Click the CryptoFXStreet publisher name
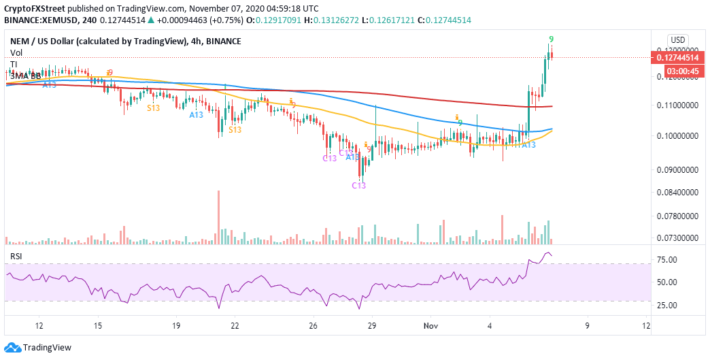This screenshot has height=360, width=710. pos(35,9)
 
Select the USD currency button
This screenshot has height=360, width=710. pos(678,39)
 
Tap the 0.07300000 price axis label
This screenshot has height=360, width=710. pos(677,238)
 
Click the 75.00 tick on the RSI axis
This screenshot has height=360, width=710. pos(675,260)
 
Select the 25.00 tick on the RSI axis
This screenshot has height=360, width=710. pos(675,305)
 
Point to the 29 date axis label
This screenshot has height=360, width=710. pos(373,325)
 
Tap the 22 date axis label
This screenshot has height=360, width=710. pos(234,325)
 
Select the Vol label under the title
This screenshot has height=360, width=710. pos(16,52)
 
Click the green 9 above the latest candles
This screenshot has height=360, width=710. pos(550,39)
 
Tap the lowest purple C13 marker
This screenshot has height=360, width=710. pos(358,186)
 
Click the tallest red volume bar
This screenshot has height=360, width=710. pos(218,216)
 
